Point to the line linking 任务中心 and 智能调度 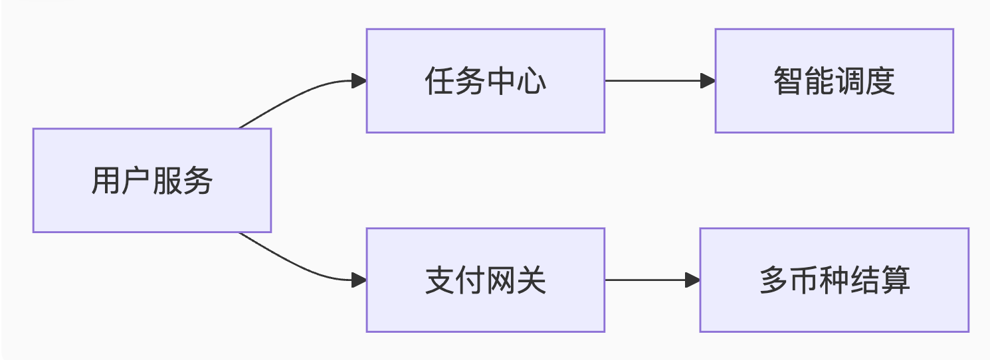(x=651, y=81)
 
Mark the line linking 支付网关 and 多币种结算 (x=644, y=280)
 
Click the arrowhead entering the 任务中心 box (x=359, y=81)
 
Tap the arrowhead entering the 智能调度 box (x=708, y=81)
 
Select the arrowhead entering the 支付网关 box (x=359, y=280)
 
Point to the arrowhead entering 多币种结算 (x=693, y=280)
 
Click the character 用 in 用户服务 (x=106, y=181)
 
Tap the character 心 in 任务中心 (x=531, y=81)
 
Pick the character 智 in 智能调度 (x=788, y=81)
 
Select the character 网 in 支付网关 (x=500, y=280)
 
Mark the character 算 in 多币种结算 (x=895, y=280)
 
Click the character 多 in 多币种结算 (x=773, y=280)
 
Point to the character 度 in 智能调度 (x=880, y=81)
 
